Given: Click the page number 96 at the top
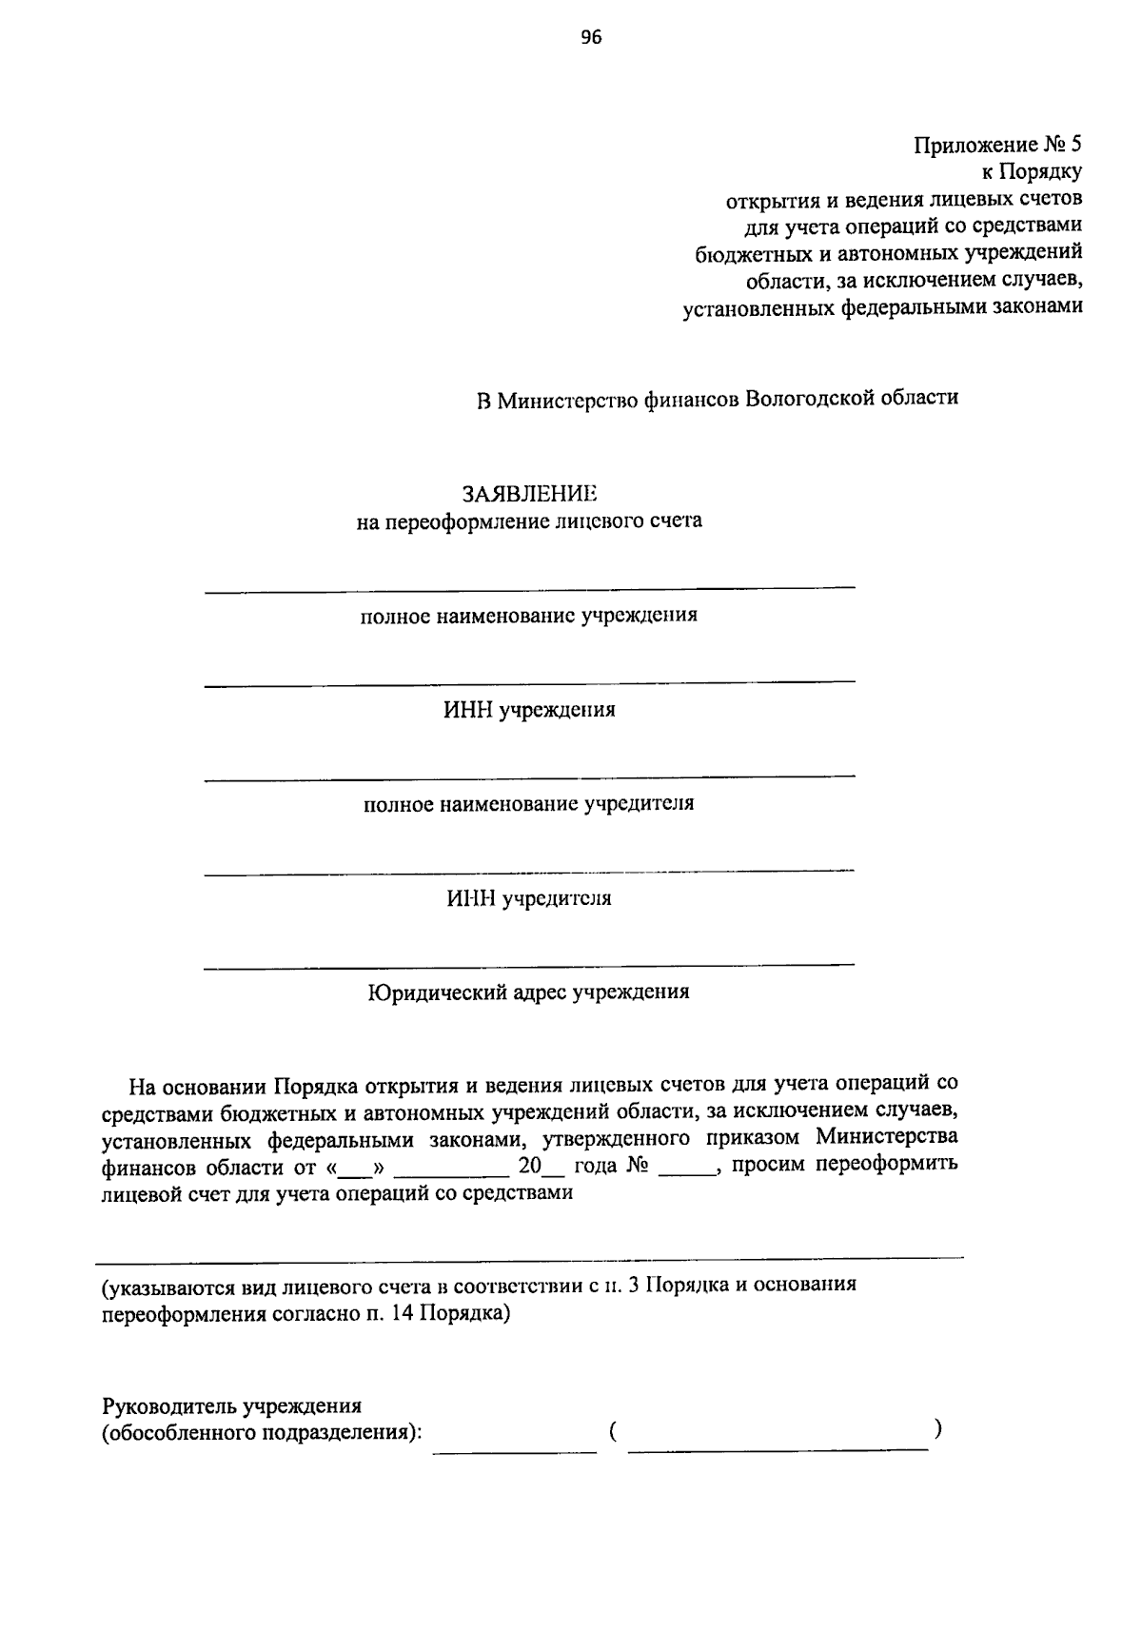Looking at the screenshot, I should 591,37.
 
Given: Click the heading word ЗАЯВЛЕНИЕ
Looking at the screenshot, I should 529,494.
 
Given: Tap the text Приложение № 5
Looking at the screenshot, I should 998,146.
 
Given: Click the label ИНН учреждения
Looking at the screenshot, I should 529,710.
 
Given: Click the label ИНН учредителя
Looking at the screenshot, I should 529,898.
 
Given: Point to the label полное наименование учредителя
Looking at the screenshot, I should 529,804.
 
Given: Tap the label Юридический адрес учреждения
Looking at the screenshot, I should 529,992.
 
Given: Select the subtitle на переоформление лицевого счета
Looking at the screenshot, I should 529,521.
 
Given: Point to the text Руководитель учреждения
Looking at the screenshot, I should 232,1405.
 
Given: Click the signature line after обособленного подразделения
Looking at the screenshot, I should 515,1446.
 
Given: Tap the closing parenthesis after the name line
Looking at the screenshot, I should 938,1428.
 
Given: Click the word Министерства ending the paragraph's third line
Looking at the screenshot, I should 887,1138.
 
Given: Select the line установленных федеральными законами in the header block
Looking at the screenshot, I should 883,308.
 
